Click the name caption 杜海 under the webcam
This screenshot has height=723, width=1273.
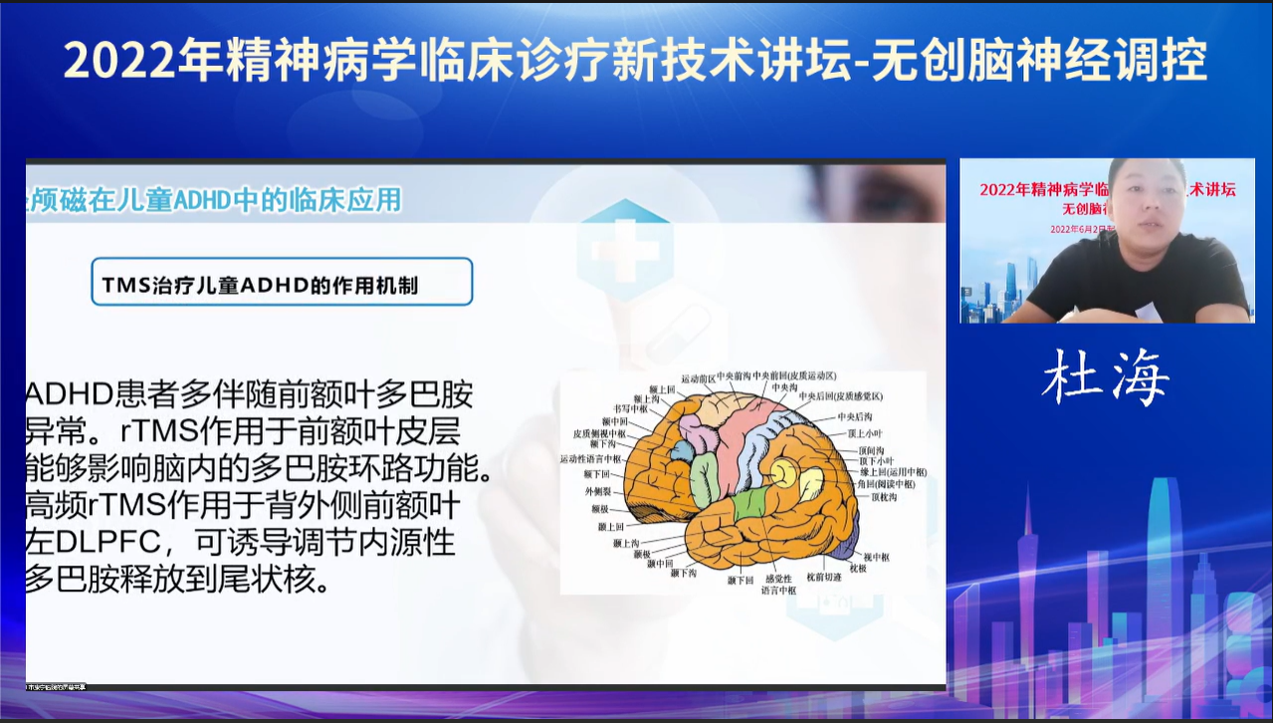point(1105,377)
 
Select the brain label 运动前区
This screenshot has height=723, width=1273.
point(695,377)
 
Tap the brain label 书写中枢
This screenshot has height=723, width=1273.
point(629,408)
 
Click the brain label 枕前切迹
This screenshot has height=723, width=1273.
point(823,577)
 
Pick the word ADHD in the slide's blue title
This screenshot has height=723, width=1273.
point(202,200)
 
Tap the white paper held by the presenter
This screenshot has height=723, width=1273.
point(1148,312)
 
